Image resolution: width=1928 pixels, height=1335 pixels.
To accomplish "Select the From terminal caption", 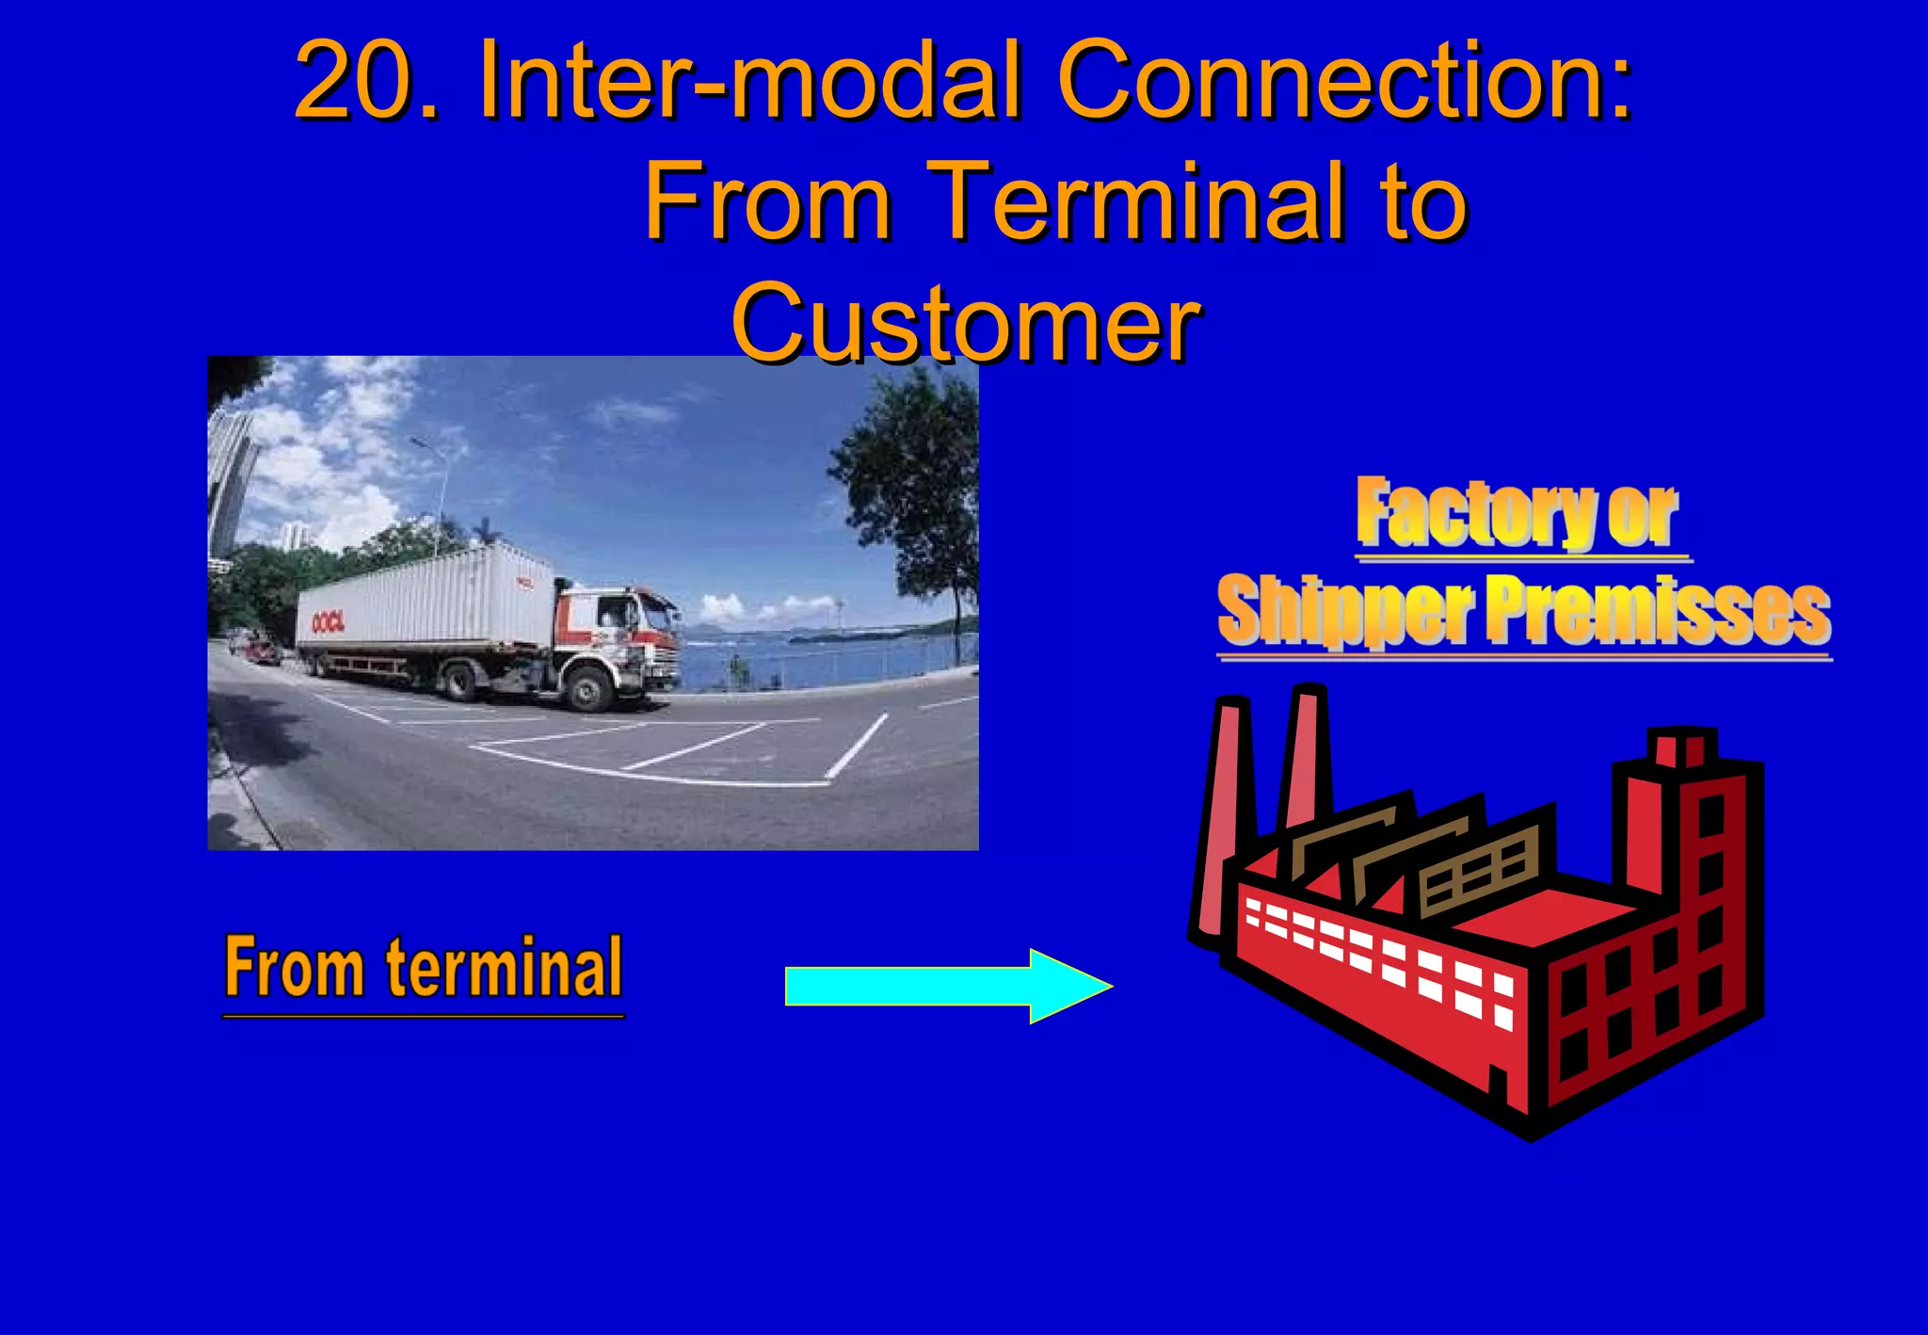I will click(424, 969).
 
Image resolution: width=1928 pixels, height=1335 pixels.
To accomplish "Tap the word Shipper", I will click(1346, 612).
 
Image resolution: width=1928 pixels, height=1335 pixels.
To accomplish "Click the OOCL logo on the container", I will click(328, 621).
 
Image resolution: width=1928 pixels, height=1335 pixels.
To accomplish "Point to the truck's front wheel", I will click(588, 689).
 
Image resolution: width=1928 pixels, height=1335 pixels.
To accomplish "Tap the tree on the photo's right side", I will click(913, 490).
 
